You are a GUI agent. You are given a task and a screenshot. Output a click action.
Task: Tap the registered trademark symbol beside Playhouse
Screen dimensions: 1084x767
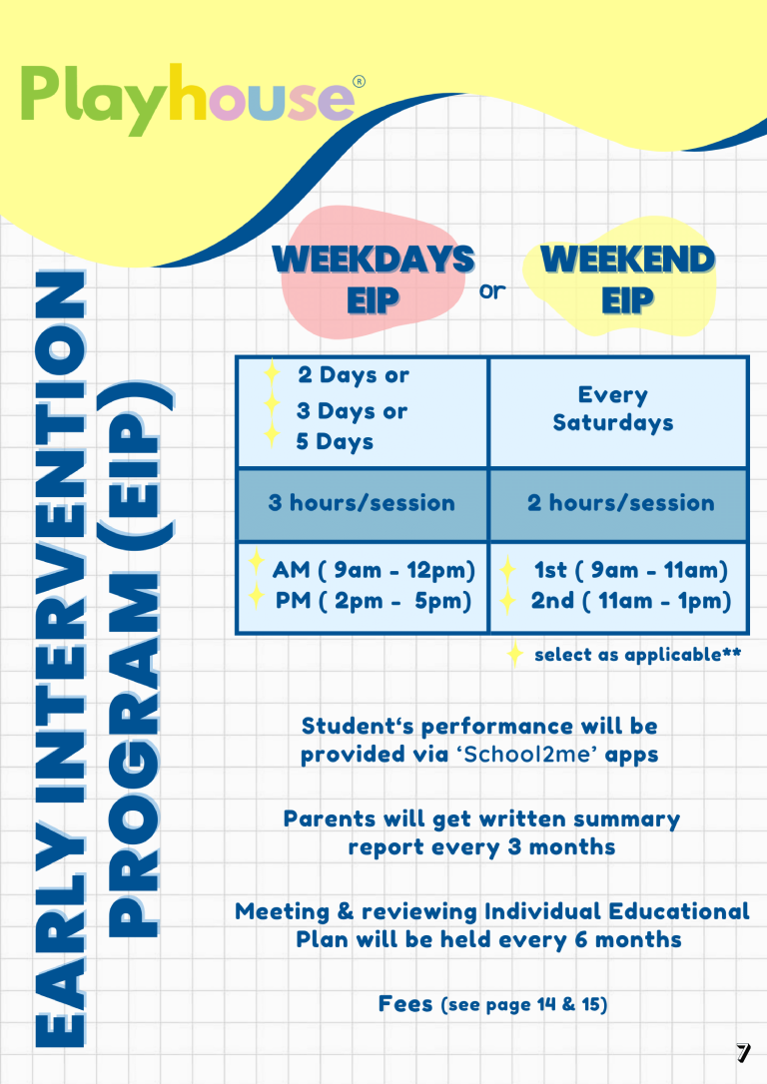click(x=360, y=82)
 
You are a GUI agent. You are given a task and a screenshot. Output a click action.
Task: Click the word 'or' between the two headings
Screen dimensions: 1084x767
click(x=492, y=292)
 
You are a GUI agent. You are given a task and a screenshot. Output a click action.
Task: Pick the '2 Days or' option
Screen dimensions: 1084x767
click(x=354, y=375)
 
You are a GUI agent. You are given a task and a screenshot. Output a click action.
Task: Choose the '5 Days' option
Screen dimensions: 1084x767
click(x=335, y=441)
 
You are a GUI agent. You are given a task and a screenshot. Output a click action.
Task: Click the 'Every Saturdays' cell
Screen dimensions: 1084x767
click(x=613, y=409)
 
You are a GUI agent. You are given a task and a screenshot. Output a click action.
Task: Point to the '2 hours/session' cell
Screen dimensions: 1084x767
click(x=620, y=502)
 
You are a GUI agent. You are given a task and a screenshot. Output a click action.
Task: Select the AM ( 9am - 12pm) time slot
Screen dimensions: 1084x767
click(x=374, y=570)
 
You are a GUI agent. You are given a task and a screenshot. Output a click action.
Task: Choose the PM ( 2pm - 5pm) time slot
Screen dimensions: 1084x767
click(x=374, y=601)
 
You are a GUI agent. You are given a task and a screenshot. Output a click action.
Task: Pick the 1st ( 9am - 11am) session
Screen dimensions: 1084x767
click(x=630, y=570)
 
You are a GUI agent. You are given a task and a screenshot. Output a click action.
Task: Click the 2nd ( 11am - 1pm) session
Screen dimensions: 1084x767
click(x=630, y=601)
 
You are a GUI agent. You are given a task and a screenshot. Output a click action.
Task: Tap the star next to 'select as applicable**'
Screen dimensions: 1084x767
click(x=514, y=654)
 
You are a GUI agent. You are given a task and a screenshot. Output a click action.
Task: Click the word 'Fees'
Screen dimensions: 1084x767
click(x=405, y=1003)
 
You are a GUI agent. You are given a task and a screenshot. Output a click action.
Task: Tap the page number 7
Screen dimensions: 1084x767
click(x=742, y=1052)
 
